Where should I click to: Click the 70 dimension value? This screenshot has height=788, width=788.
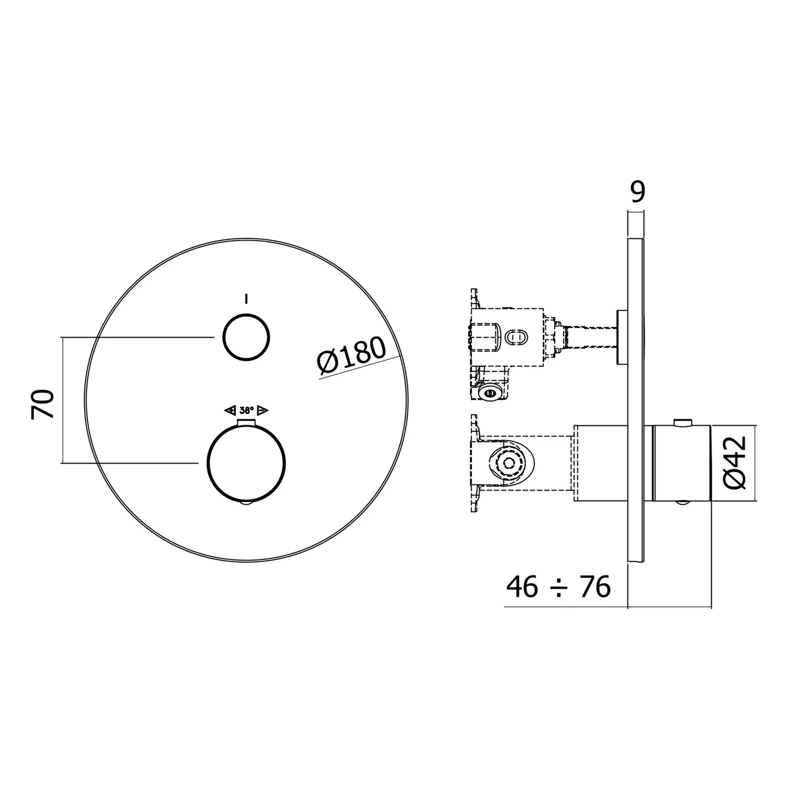[43, 403]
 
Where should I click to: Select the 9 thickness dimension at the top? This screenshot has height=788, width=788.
[637, 192]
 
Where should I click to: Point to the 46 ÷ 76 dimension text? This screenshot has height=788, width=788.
[558, 586]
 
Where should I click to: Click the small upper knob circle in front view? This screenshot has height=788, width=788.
[246, 338]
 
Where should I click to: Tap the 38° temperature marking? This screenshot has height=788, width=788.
[246, 410]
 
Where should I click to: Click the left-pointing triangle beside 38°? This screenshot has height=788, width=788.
[230, 410]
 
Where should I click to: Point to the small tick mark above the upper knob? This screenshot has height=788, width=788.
[246, 299]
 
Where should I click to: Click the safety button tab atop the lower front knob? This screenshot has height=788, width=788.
[246, 424]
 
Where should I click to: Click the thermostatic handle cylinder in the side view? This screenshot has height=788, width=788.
[681, 462]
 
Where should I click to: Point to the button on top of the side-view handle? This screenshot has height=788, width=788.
[682, 421]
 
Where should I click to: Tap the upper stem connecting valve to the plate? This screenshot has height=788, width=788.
[591, 337]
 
